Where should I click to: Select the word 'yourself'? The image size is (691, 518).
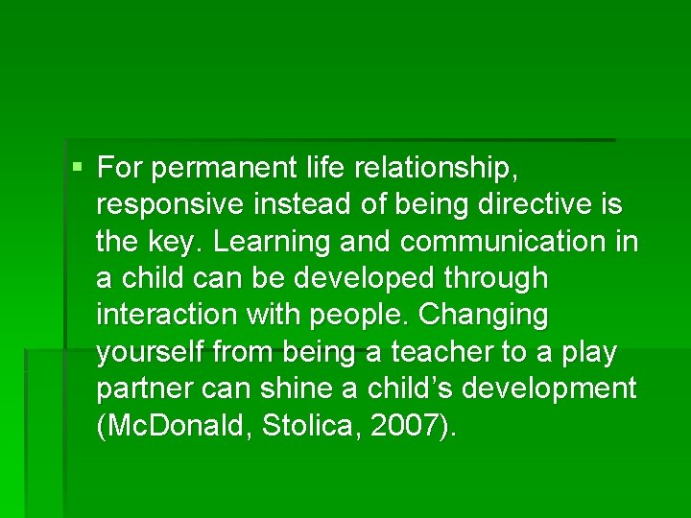tap(151, 352)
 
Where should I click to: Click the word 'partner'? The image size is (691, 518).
tap(141, 389)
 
